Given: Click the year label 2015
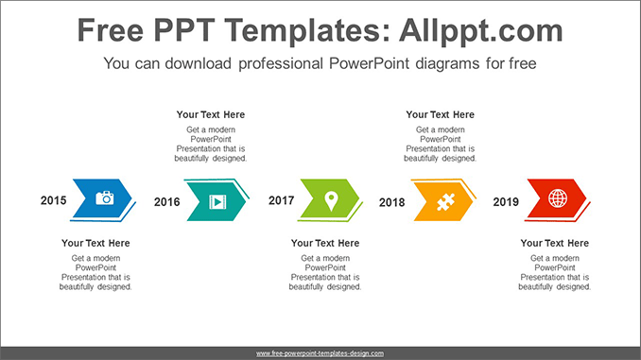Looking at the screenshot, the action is (53, 200).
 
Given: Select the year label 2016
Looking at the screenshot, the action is (166, 202).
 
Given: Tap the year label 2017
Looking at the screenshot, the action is (281, 200).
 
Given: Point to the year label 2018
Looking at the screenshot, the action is (391, 202).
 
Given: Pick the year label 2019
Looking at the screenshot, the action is (506, 202).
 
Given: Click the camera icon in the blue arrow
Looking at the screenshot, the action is (105, 197).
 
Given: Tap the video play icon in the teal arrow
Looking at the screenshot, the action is (217, 201).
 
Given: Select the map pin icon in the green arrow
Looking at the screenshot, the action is (331, 200).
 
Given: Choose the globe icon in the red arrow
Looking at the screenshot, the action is (558, 198).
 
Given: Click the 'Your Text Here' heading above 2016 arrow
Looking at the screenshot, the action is (211, 115).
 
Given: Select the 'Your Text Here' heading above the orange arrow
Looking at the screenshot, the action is (440, 115).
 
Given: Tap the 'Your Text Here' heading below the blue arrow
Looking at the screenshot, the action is (95, 243).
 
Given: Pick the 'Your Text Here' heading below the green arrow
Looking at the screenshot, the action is (325, 243).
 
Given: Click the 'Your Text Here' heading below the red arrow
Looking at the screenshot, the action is (554, 243).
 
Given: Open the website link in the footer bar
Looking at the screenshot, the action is (320, 353).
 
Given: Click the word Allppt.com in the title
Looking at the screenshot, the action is (480, 30).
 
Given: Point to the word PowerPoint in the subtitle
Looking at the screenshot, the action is (369, 63).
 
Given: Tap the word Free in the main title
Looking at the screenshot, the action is (111, 30).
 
